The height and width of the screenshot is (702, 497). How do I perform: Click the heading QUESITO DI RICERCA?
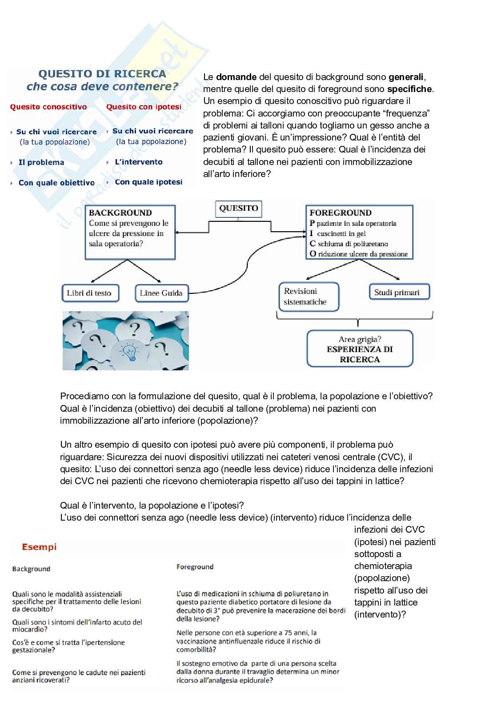(102, 74)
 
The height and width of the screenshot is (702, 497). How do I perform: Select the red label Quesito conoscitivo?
(48, 107)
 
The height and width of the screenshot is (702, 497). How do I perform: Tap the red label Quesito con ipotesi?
(144, 107)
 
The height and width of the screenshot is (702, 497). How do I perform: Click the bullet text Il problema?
(41, 163)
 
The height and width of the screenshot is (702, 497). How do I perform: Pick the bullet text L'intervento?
(139, 162)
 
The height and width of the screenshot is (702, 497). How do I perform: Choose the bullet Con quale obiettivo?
(56, 183)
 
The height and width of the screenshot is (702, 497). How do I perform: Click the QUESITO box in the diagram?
(238, 208)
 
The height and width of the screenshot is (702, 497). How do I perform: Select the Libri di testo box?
(89, 293)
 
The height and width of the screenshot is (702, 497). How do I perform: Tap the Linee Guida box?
(161, 293)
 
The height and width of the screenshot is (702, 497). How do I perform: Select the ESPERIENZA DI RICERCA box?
(360, 349)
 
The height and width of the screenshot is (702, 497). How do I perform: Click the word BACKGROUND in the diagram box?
(120, 213)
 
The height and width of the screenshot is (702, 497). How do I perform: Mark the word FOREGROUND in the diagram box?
(341, 213)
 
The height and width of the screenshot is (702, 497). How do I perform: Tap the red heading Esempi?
(40, 547)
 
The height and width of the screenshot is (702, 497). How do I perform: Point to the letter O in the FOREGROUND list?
(313, 254)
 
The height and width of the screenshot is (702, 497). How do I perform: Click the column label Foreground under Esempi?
(195, 567)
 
